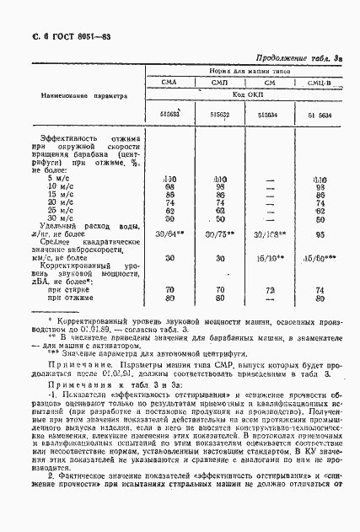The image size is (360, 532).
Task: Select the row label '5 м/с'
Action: pos(60,179)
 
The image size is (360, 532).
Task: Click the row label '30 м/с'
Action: pos(62,218)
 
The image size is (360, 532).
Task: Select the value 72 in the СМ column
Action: pos(270,289)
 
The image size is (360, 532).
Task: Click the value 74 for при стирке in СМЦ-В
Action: pos(320,289)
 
